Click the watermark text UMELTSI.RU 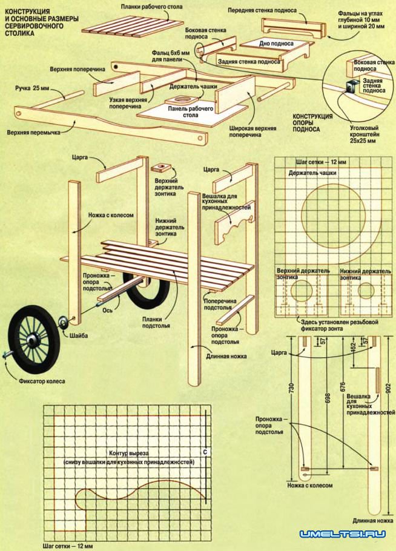point(343,534)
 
